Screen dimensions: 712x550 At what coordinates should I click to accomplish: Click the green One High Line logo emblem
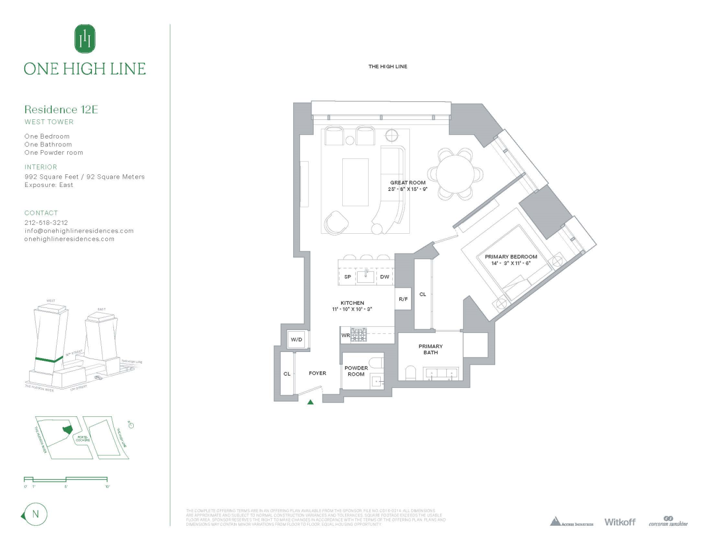(85, 38)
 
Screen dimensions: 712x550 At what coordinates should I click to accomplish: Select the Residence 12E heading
(61, 109)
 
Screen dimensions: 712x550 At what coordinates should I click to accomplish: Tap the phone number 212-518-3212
(46, 223)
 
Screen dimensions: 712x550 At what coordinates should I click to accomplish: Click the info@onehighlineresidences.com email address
(79, 231)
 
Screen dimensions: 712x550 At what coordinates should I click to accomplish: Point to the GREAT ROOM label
(408, 183)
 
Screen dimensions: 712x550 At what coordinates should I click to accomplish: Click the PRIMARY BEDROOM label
(511, 257)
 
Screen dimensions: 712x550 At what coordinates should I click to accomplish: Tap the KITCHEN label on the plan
(352, 303)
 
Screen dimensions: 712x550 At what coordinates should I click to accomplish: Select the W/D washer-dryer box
(297, 339)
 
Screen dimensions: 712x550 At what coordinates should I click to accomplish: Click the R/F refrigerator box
(403, 299)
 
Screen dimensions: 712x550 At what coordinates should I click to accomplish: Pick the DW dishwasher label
(385, 277)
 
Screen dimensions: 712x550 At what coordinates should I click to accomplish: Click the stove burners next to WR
(359, 334)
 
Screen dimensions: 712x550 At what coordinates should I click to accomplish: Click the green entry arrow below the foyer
(310, 402)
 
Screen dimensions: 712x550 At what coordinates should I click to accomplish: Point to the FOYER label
(317, 373)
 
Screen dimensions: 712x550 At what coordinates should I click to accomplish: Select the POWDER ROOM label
(356, 371)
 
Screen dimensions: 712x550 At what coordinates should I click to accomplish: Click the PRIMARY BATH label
(430, 349)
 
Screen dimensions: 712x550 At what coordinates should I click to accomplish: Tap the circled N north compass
(36, 514)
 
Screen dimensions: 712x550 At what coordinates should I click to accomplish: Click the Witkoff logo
(620, 522)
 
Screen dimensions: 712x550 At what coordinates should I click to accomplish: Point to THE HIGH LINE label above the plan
(388, 67)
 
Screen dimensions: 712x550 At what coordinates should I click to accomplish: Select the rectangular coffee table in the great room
(355, 182)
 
